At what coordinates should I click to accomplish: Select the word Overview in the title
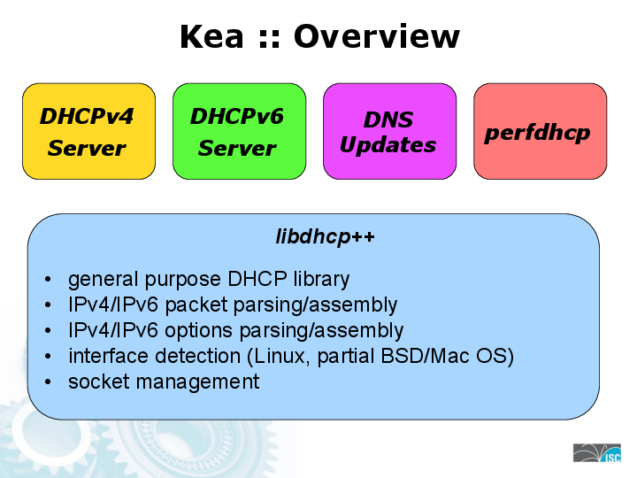[x=376, y=37]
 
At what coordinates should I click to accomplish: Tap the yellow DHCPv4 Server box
[x=88, y=132]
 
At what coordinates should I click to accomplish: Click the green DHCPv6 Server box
[x=239, y=132]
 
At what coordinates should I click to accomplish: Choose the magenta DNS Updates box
[x=389, y=132]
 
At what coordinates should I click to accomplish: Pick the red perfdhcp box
[x=540, y=132]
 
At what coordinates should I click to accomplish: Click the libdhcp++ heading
[x=314, y=237]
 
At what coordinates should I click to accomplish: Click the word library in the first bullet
[x=322, y=280]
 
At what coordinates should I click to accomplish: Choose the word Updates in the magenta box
[x=388, y=145]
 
